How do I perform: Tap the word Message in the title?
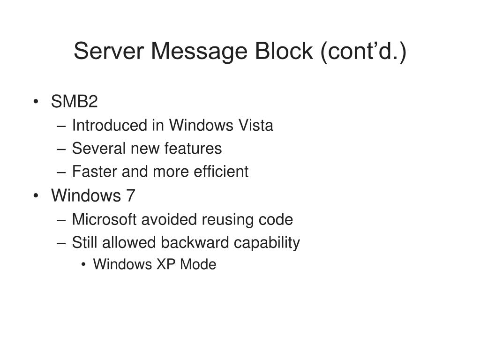pos(200,51)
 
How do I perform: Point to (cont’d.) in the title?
pos(363,51)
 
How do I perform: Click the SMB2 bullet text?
pos(74,102)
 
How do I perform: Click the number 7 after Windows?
pos(130,195)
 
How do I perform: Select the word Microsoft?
pos(105,219)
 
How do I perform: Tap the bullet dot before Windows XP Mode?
pos(83,265)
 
